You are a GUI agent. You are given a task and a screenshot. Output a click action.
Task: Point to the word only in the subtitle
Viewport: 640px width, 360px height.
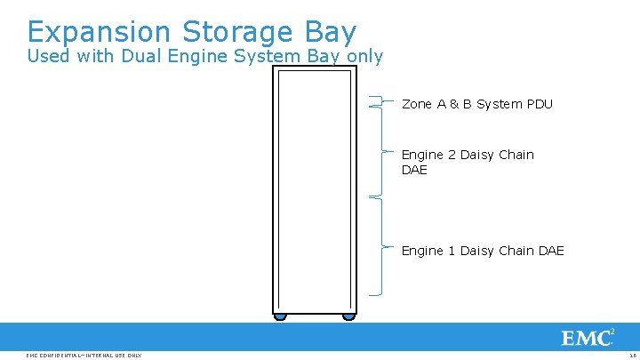[364, 57]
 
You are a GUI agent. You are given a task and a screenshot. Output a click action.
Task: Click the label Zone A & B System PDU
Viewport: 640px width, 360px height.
[476, 104]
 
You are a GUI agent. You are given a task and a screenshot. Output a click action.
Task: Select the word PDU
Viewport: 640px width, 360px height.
[539, 104]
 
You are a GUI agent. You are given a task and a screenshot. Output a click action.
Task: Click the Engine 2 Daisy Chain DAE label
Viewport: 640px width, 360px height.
[468, 162]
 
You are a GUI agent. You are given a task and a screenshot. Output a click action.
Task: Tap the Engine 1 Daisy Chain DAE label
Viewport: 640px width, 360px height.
[483, 251]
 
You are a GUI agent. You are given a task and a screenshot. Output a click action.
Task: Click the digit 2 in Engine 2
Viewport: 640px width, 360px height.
[452, 155]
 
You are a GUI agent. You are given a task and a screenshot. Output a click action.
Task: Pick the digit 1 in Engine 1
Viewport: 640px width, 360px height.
[452, 251]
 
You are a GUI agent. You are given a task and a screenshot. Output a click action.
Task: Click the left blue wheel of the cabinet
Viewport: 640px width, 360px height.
[280, 316]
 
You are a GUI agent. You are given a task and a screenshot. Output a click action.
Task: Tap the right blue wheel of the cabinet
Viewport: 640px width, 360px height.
[348, 316]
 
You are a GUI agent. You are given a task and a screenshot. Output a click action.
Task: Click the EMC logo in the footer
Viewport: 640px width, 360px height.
[588, 338]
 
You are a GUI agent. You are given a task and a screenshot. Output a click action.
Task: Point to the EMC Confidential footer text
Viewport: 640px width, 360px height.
[84, 356]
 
